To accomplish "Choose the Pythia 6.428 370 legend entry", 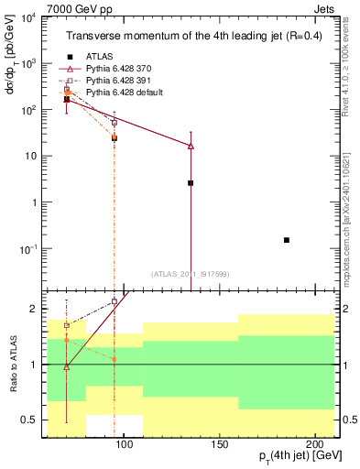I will (119, 68).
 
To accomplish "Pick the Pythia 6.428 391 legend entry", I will (119, 81).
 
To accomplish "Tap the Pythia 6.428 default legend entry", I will (124, 93).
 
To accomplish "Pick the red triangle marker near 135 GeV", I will (191, 146).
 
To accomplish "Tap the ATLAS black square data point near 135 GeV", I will (191, 183).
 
